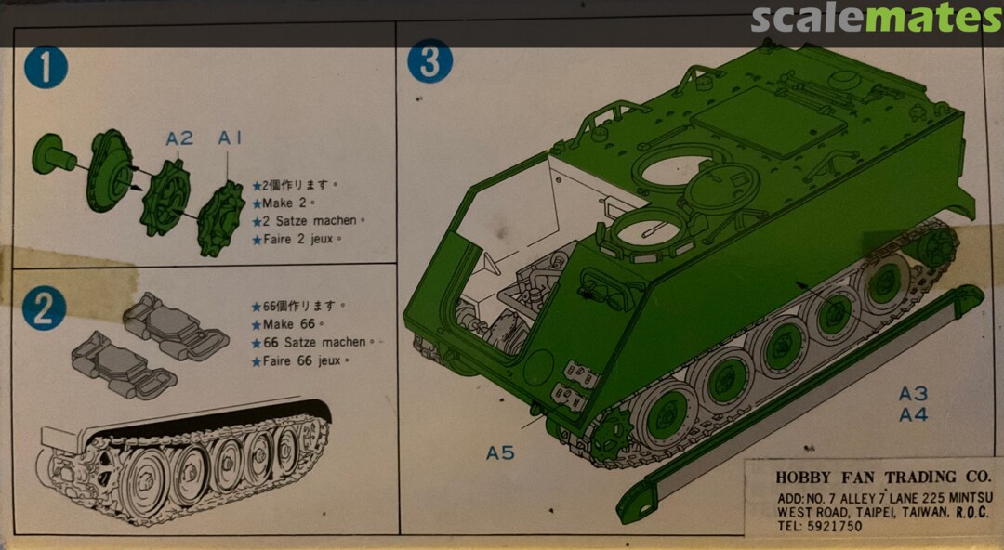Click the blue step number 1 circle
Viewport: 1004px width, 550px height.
[46, 68]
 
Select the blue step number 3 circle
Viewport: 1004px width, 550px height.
[430, 61]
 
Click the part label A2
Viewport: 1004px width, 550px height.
[179, 138]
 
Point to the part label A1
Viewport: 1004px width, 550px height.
[230, 137]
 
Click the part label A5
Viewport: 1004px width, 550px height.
[499, 453]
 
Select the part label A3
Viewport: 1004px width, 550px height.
[913, 393]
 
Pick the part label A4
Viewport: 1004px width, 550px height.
[913, 414]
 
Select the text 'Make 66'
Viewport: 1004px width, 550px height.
[288, 324]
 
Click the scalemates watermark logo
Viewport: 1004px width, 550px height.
[876, 19]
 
